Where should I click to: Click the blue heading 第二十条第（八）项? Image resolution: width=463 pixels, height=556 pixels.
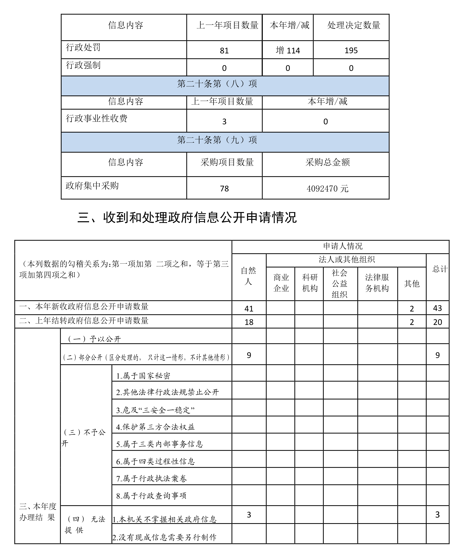[217, 84]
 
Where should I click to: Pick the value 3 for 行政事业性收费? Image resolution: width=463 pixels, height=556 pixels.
[224, 122]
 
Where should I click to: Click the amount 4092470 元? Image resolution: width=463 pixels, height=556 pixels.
[327, 189]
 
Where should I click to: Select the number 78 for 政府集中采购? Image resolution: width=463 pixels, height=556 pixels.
[224, 189]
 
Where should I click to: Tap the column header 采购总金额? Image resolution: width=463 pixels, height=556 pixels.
[327, 162]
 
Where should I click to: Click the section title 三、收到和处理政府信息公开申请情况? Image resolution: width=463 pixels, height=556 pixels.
[187, 218]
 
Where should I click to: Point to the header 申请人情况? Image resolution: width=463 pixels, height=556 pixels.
[342, 246]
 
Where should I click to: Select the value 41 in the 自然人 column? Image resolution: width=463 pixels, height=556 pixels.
[249, 308]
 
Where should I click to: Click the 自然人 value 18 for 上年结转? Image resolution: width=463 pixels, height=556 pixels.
[249, 322]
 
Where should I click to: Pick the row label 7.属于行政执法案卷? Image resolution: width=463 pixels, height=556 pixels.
[151, 479]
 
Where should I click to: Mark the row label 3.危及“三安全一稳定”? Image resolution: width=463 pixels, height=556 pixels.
[155, 410]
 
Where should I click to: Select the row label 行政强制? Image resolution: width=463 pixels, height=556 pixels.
[83, 65]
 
